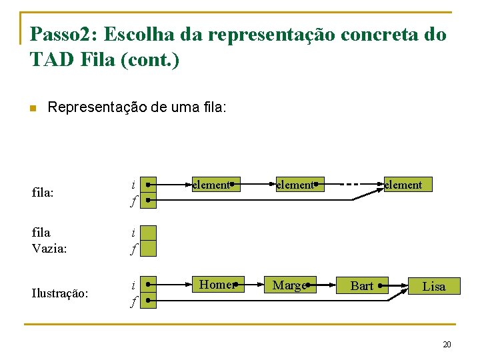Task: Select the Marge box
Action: click(x=290, y=285)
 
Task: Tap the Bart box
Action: click(x=362, y=286)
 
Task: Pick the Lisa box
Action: click(x=434, y=287)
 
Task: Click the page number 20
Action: click(x=447, y=345)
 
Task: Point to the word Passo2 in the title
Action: click(x=63, y=35)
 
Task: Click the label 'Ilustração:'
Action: click(x=60, y=293)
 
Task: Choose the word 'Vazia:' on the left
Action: click(x=49, y=248)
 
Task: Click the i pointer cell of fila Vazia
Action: click(x=148, y=233)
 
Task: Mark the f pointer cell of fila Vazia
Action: click(x=148, y=249)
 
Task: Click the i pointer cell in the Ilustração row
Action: click(x=148, y=284)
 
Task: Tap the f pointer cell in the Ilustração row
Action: click(x=148, y=301)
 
